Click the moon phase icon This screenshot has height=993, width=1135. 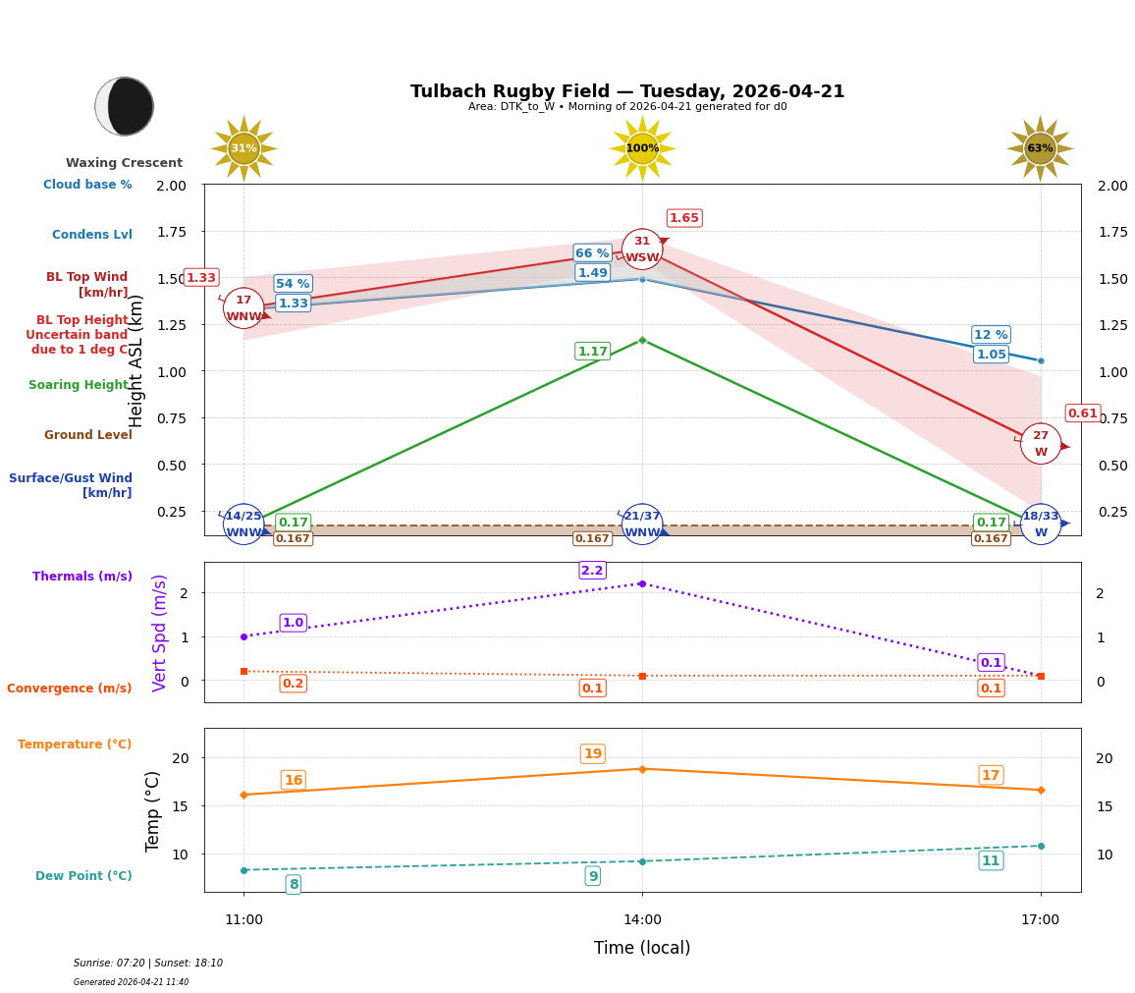click(125, 106)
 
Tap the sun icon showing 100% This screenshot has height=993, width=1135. click(642, 148)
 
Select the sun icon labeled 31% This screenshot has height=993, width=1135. click(243, 148)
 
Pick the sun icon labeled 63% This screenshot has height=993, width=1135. click(1040, 148)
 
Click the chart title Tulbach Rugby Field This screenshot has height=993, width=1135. click(626, 91)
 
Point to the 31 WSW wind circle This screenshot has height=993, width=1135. click(642, 249)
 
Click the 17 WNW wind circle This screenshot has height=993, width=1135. click(243, 308)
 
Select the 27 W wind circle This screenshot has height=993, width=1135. click(1041, 444)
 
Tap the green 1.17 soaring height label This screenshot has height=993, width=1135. click(592, 352)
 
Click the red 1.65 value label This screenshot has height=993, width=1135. click(684, 218)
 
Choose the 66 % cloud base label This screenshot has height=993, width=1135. click(592, 253)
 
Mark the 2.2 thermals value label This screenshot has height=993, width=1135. click(592, 571)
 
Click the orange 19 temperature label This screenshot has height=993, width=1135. click(592, 754)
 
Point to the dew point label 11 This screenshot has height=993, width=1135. click(991, 861)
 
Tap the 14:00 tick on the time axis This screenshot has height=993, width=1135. click(642, 920)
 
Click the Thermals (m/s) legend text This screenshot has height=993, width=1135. click(82, 577)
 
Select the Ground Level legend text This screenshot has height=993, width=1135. click(88, 435)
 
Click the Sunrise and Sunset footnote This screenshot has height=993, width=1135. click(148, 964)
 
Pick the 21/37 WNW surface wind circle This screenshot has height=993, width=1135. click(642, 524)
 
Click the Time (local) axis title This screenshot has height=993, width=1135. click(642, 948)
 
